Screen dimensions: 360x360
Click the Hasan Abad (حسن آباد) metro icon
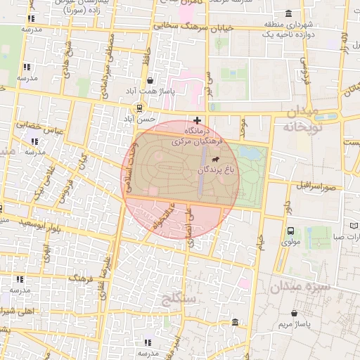[139, 108]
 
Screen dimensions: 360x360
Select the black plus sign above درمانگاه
[198, 120]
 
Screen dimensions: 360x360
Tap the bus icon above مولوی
[290, 231]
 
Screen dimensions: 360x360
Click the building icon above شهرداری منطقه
[289, 13]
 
